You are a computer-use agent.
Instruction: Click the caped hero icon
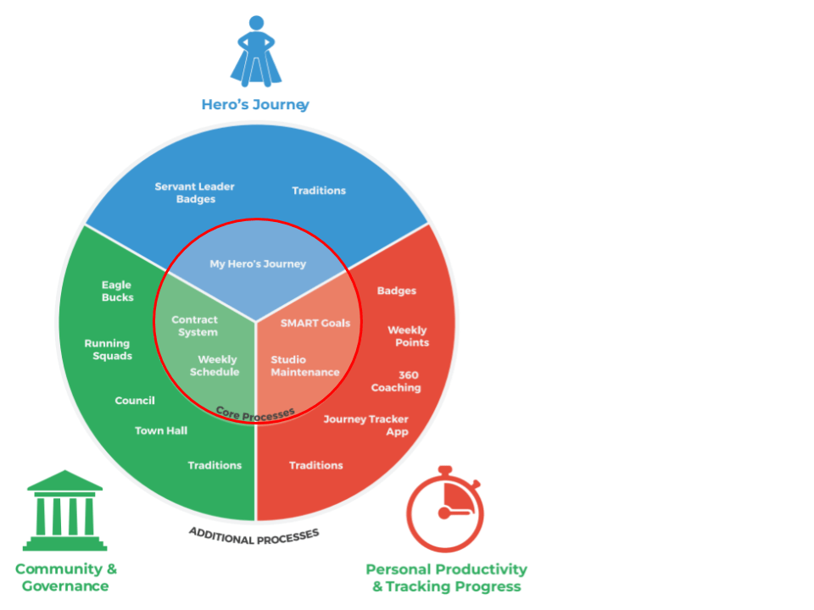tap(255, 53)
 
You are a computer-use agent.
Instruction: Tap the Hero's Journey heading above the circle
tap(254, 105)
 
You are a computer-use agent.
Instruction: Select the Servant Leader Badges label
tap(195, 193)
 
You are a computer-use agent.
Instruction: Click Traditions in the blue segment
tap(319, 191)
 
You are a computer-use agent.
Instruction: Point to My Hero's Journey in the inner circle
tap(258, 264)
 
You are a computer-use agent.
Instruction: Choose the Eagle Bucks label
tap(117, 291)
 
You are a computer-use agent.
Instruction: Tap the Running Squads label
tap(108, 350)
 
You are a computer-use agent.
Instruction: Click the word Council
tap(135, 401)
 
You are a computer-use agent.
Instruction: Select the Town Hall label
tap(161, 431)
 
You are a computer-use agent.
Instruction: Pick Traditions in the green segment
tap(215, 465)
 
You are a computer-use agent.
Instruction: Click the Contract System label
tap(194, 326)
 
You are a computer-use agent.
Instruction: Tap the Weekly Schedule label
tap(218, 366)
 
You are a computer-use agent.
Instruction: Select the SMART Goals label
tap(315, 323)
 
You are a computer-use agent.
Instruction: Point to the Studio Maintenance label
tap(305, 366)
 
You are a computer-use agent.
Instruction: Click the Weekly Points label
tap(409, 336)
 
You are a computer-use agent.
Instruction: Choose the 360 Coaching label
tap(397, 381)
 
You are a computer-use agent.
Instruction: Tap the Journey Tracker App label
tap(366, 425)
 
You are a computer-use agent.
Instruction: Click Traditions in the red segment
tap(316, 465)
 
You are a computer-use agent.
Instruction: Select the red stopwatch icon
tap(444, 509)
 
